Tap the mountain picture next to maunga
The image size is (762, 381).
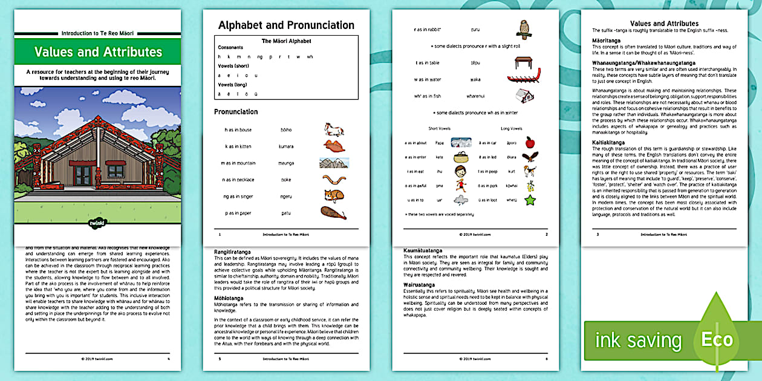click(334, 163)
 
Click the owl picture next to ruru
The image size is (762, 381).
click(523, 30)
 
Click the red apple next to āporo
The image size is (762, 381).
click(529, 143)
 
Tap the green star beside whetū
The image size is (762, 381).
click(529, 200)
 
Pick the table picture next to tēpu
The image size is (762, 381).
click(523, 62)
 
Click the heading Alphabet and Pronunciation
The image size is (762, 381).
click(286, 25)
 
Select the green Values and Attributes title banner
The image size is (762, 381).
click(98, 52)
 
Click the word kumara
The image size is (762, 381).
click(286, 146)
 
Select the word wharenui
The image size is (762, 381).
click(475, 96)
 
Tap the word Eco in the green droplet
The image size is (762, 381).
click(717, 340)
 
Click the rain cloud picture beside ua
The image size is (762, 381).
click(460, 200)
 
